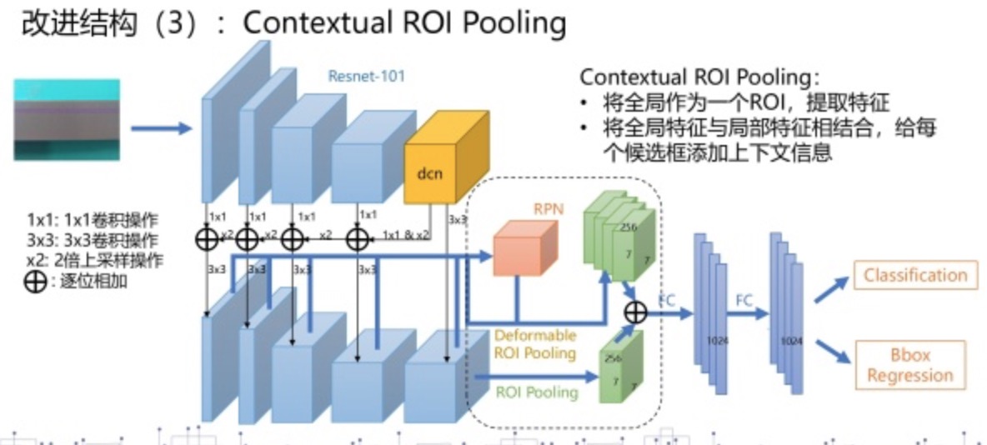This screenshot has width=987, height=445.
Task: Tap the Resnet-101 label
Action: pyautogui.click(x=366, y=77)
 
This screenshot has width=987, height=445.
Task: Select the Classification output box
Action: pyautogui.click(x=915, y=276)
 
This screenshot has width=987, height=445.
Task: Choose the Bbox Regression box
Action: pyautogui.click(x=909, y=365)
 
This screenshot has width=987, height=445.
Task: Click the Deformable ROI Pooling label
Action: pyautogui.click(x=534, y=344)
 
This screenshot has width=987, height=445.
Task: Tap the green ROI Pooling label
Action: pyautogui.click(x=537, y=392)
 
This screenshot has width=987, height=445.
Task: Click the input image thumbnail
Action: pyautogui.click(x=67, y=119)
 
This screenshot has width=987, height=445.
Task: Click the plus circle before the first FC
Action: pyautogui.click(x=636, y=312)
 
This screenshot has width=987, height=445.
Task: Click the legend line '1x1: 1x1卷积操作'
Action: pyautogui.click(x=93, y=220)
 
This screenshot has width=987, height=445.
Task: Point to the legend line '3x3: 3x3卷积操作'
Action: pyautogui.click(x=93, y=240)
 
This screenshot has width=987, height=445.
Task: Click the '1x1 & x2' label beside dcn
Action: pyautogui.click(x=404, y=236)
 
